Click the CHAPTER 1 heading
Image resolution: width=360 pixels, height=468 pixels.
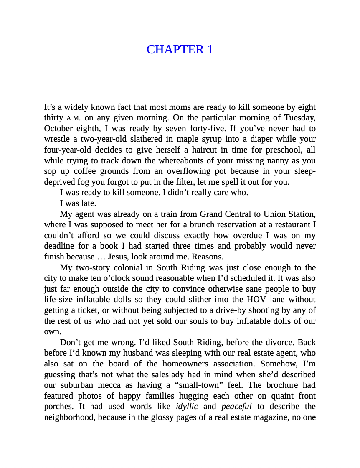click(x=180, y=49)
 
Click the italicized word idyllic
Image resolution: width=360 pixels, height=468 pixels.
click(x=187, y=406)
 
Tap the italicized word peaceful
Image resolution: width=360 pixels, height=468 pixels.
click(x=236, y=406)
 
